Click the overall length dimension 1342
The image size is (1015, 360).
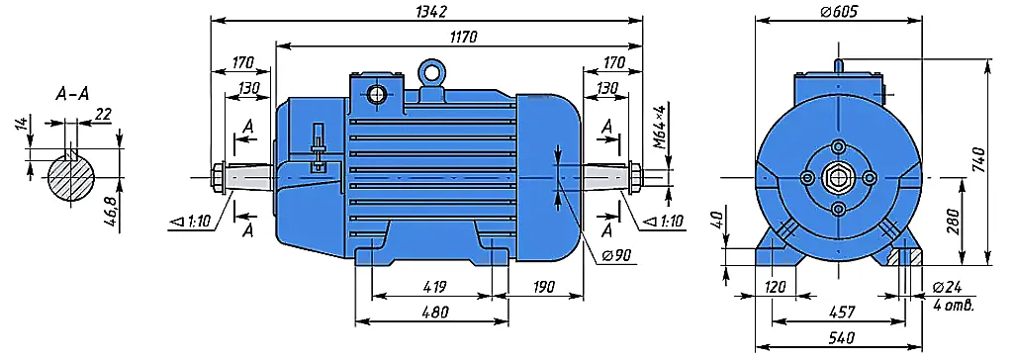(428, 12)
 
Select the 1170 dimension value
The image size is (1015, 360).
(464, 37)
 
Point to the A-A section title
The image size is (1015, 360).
(72, 95)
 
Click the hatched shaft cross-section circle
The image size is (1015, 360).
(71, 177)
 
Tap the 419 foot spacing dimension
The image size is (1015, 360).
(433, 286)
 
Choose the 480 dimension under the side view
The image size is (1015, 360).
(435, 313)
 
